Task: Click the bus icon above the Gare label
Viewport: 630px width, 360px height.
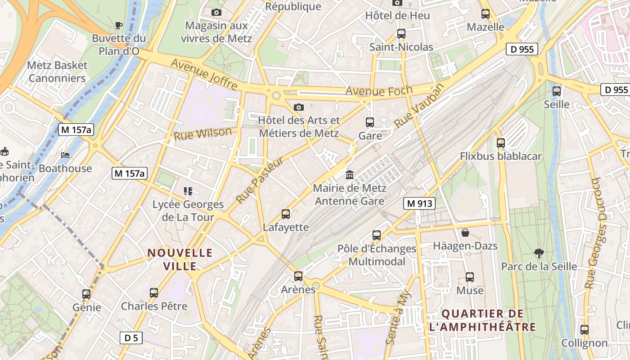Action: (370, 122)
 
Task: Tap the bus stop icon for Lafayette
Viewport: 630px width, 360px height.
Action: (286, 214)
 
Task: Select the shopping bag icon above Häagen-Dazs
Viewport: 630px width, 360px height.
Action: (465, 233)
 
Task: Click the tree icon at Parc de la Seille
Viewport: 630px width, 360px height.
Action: (539, 253)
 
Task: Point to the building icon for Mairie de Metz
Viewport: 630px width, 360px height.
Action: (350, 175)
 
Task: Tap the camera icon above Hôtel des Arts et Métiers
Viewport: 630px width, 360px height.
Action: (298, 107)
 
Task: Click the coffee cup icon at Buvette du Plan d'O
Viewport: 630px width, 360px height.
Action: (119, 25)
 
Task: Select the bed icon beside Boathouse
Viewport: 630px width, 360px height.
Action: (65, 155)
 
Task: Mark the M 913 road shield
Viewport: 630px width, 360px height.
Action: (419, 203)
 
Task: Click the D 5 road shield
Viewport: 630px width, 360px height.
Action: (131, 337)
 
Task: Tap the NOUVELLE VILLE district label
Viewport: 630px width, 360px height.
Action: (180, 259)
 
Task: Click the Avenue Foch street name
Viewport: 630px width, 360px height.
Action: (379, 91)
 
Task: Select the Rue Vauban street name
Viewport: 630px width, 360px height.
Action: (418, 105)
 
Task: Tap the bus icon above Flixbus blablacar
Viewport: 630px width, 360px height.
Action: (501, 143)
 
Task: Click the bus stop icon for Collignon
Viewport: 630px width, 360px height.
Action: (584, 330)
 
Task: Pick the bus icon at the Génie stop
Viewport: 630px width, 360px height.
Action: (86, 294)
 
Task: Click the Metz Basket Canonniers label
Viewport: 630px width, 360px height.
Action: (57, 72)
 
